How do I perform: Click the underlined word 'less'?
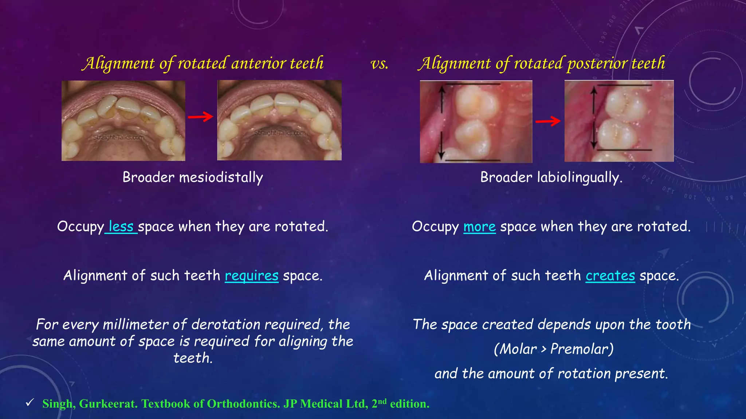tap(121, 226)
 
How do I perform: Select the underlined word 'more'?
tap(479, 227)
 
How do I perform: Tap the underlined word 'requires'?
tap(251, 276)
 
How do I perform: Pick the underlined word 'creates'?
tap(610, 276)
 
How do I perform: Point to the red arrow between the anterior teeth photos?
tap(201, 117)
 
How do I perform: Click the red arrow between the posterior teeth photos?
tap(548, 121)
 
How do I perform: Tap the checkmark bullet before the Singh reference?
tap(30, 403)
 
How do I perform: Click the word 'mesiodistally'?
tap(221, 177)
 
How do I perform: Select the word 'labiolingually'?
tap(578, 177)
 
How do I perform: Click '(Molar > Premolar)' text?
tap(553, 349)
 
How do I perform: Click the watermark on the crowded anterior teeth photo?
tap(118, 137)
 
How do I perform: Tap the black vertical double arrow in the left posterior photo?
tap(442, 122)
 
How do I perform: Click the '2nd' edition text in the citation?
tap(379, 403)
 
